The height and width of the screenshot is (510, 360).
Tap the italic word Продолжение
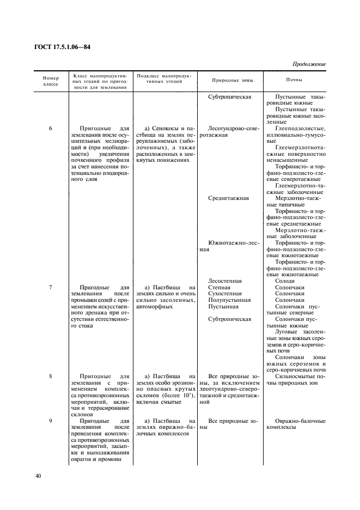pyautogui.click(x=308, y=64)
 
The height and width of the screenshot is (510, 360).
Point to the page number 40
pyautogui.click(x=38, y=476)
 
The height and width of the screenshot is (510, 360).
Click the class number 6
pyautogui.click(x=50, y=129)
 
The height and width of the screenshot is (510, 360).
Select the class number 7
pyautogui.click(x=50, y=287)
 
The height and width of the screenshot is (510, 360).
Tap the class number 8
pyautogui.click(x=50, y=376)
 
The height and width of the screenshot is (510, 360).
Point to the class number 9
pyautogui.click(x=50, y=421)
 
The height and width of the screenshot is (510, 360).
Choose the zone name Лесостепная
pyautogui.click(x=225, y=281)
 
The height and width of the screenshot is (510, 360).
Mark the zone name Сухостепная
pyautogui.click(x=225, y=294)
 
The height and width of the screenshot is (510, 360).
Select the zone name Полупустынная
pyautogui.click(x=229, y=300)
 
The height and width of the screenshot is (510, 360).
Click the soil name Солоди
pyautogui.click(x=286, y=281)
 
